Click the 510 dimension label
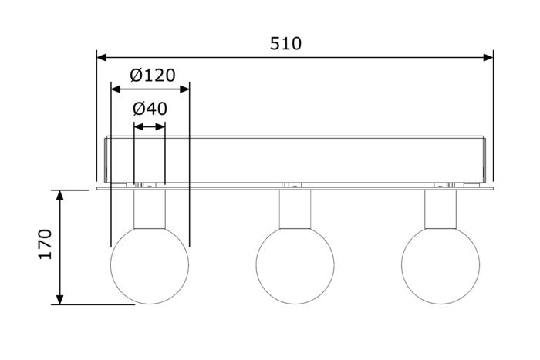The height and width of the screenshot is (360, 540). [285, 44]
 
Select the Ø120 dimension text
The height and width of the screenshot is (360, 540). [153, 76]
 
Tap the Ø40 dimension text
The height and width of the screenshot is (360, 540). [150, 109]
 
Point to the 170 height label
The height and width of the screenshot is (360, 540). [45, 244]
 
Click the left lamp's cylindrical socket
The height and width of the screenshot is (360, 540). [150, 209]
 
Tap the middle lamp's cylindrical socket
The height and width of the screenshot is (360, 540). [295, 209]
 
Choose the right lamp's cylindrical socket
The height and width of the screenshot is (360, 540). [440, 209]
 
